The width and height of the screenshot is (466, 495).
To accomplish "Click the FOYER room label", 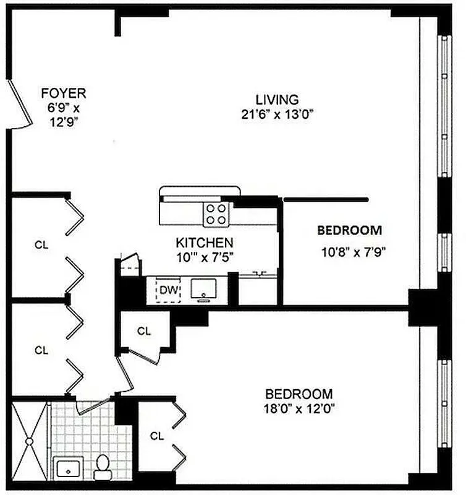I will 63,94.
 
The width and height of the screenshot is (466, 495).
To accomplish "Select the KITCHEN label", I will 204,243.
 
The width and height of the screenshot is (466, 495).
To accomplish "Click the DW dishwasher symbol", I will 167,289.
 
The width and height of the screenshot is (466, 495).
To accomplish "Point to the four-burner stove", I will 216,214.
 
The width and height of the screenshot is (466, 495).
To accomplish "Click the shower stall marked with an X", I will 28,428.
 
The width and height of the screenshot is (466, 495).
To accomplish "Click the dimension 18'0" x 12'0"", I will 299,409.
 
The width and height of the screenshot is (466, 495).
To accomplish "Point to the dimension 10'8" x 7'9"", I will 349,252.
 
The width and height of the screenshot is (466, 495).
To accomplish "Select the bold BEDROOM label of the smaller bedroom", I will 349,231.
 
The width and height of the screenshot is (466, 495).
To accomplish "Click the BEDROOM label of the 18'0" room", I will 299,394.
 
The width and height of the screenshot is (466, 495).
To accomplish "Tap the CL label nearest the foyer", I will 41,245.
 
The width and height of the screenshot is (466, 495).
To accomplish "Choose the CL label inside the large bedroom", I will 157,436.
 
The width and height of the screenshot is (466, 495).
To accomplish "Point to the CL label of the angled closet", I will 144,331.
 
